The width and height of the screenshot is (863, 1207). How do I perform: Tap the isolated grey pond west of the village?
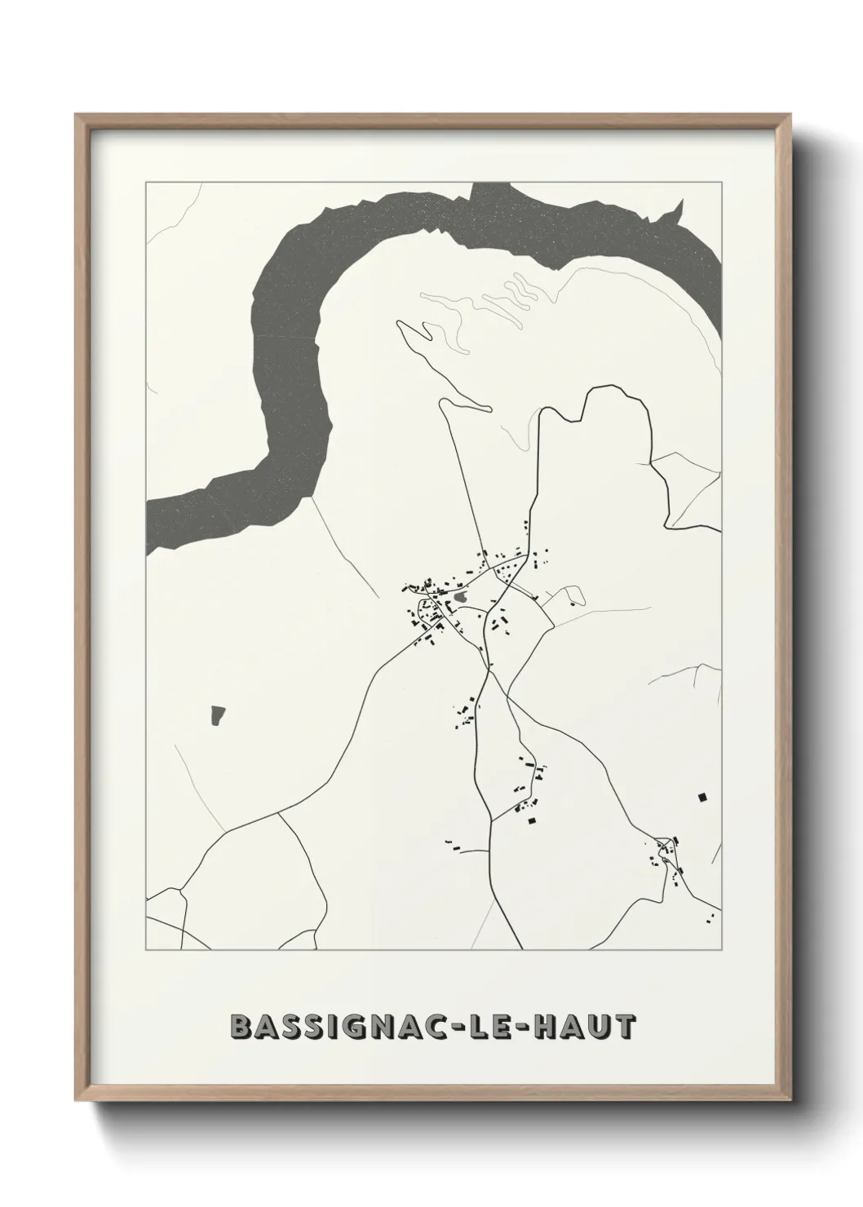point(217,715)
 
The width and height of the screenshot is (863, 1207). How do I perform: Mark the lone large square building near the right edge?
point(701,797)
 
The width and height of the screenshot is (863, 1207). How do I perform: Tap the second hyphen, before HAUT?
point(520,1028)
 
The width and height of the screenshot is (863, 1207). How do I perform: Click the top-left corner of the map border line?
point(146,183)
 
